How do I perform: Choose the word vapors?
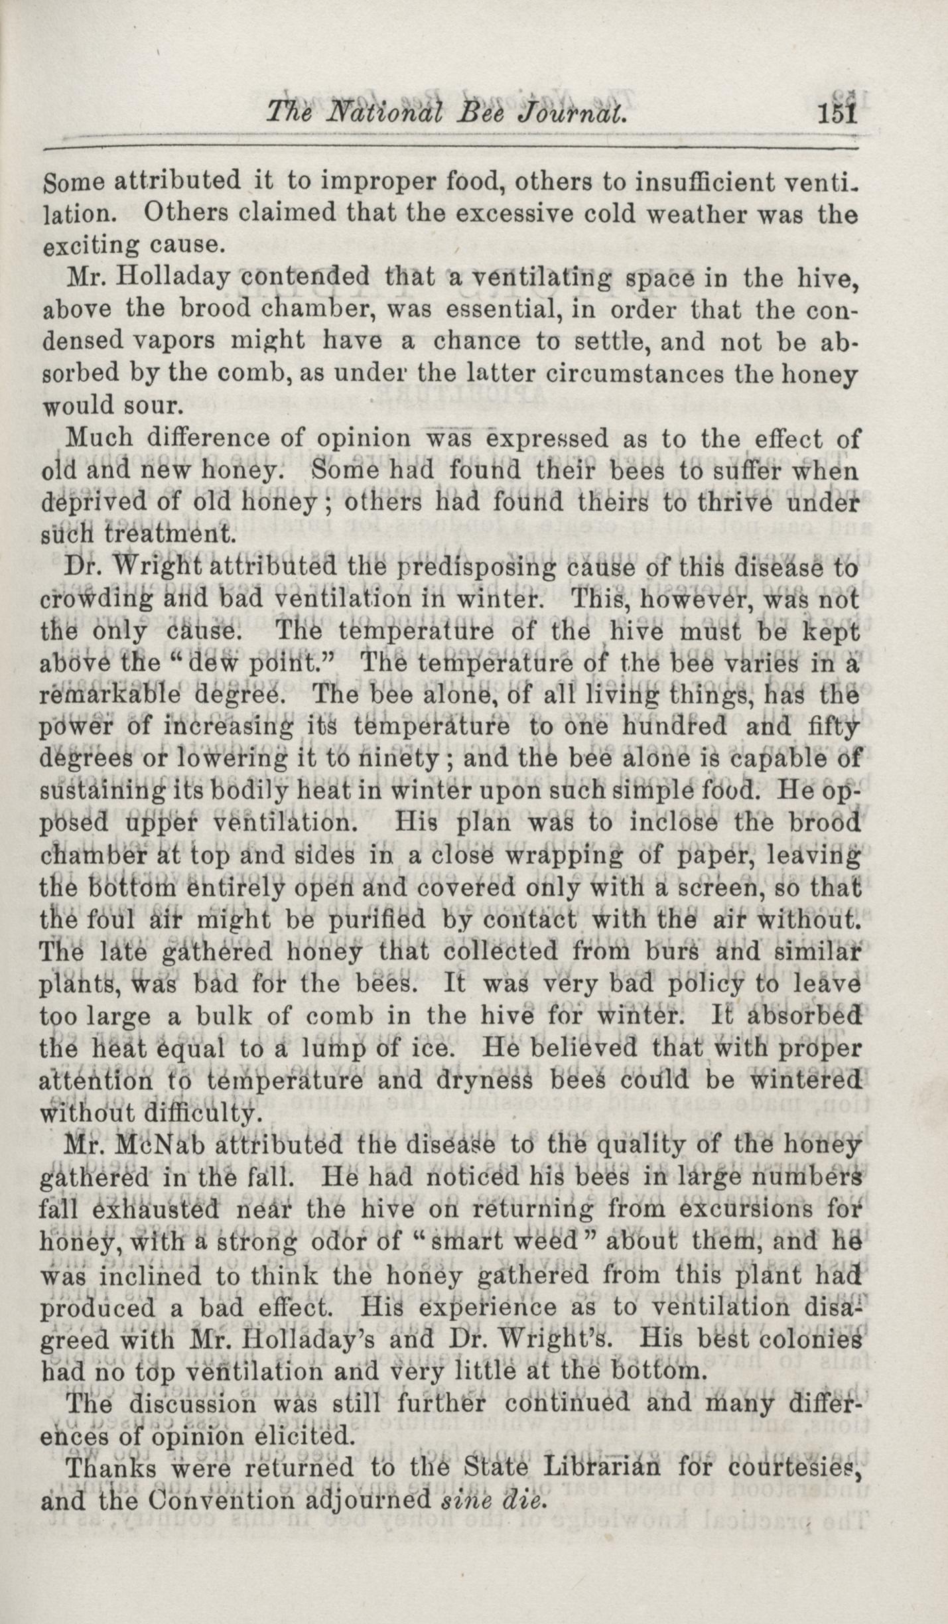tap(174, 340)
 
